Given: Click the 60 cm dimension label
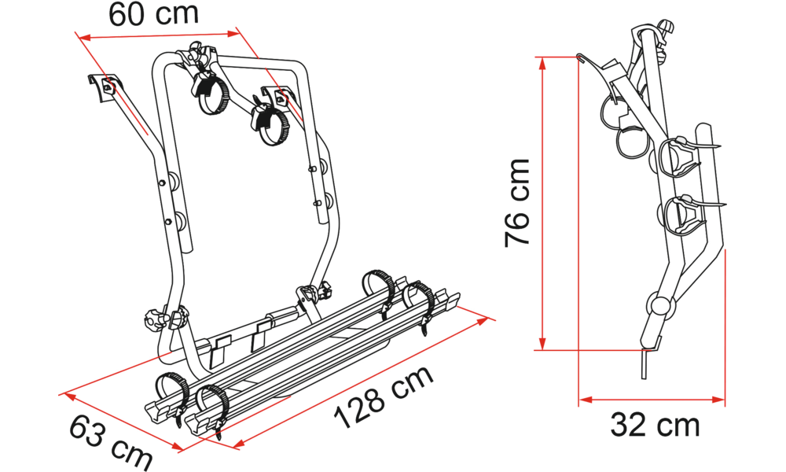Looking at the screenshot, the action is (x=153, y=14).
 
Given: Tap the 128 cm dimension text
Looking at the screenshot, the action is (x=384, y=396).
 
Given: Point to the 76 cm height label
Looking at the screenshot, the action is (x=517, y=203).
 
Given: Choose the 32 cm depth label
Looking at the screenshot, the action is (x=655, y=426).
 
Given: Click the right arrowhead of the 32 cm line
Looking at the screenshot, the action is (x=719, y=400).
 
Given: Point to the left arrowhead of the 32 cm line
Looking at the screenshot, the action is (x=586, y=400).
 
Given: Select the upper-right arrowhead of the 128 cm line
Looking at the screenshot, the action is (x=483, y=320).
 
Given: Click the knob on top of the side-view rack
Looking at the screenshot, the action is (x=665, y=25).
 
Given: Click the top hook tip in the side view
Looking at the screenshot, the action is (x=580, y=57).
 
